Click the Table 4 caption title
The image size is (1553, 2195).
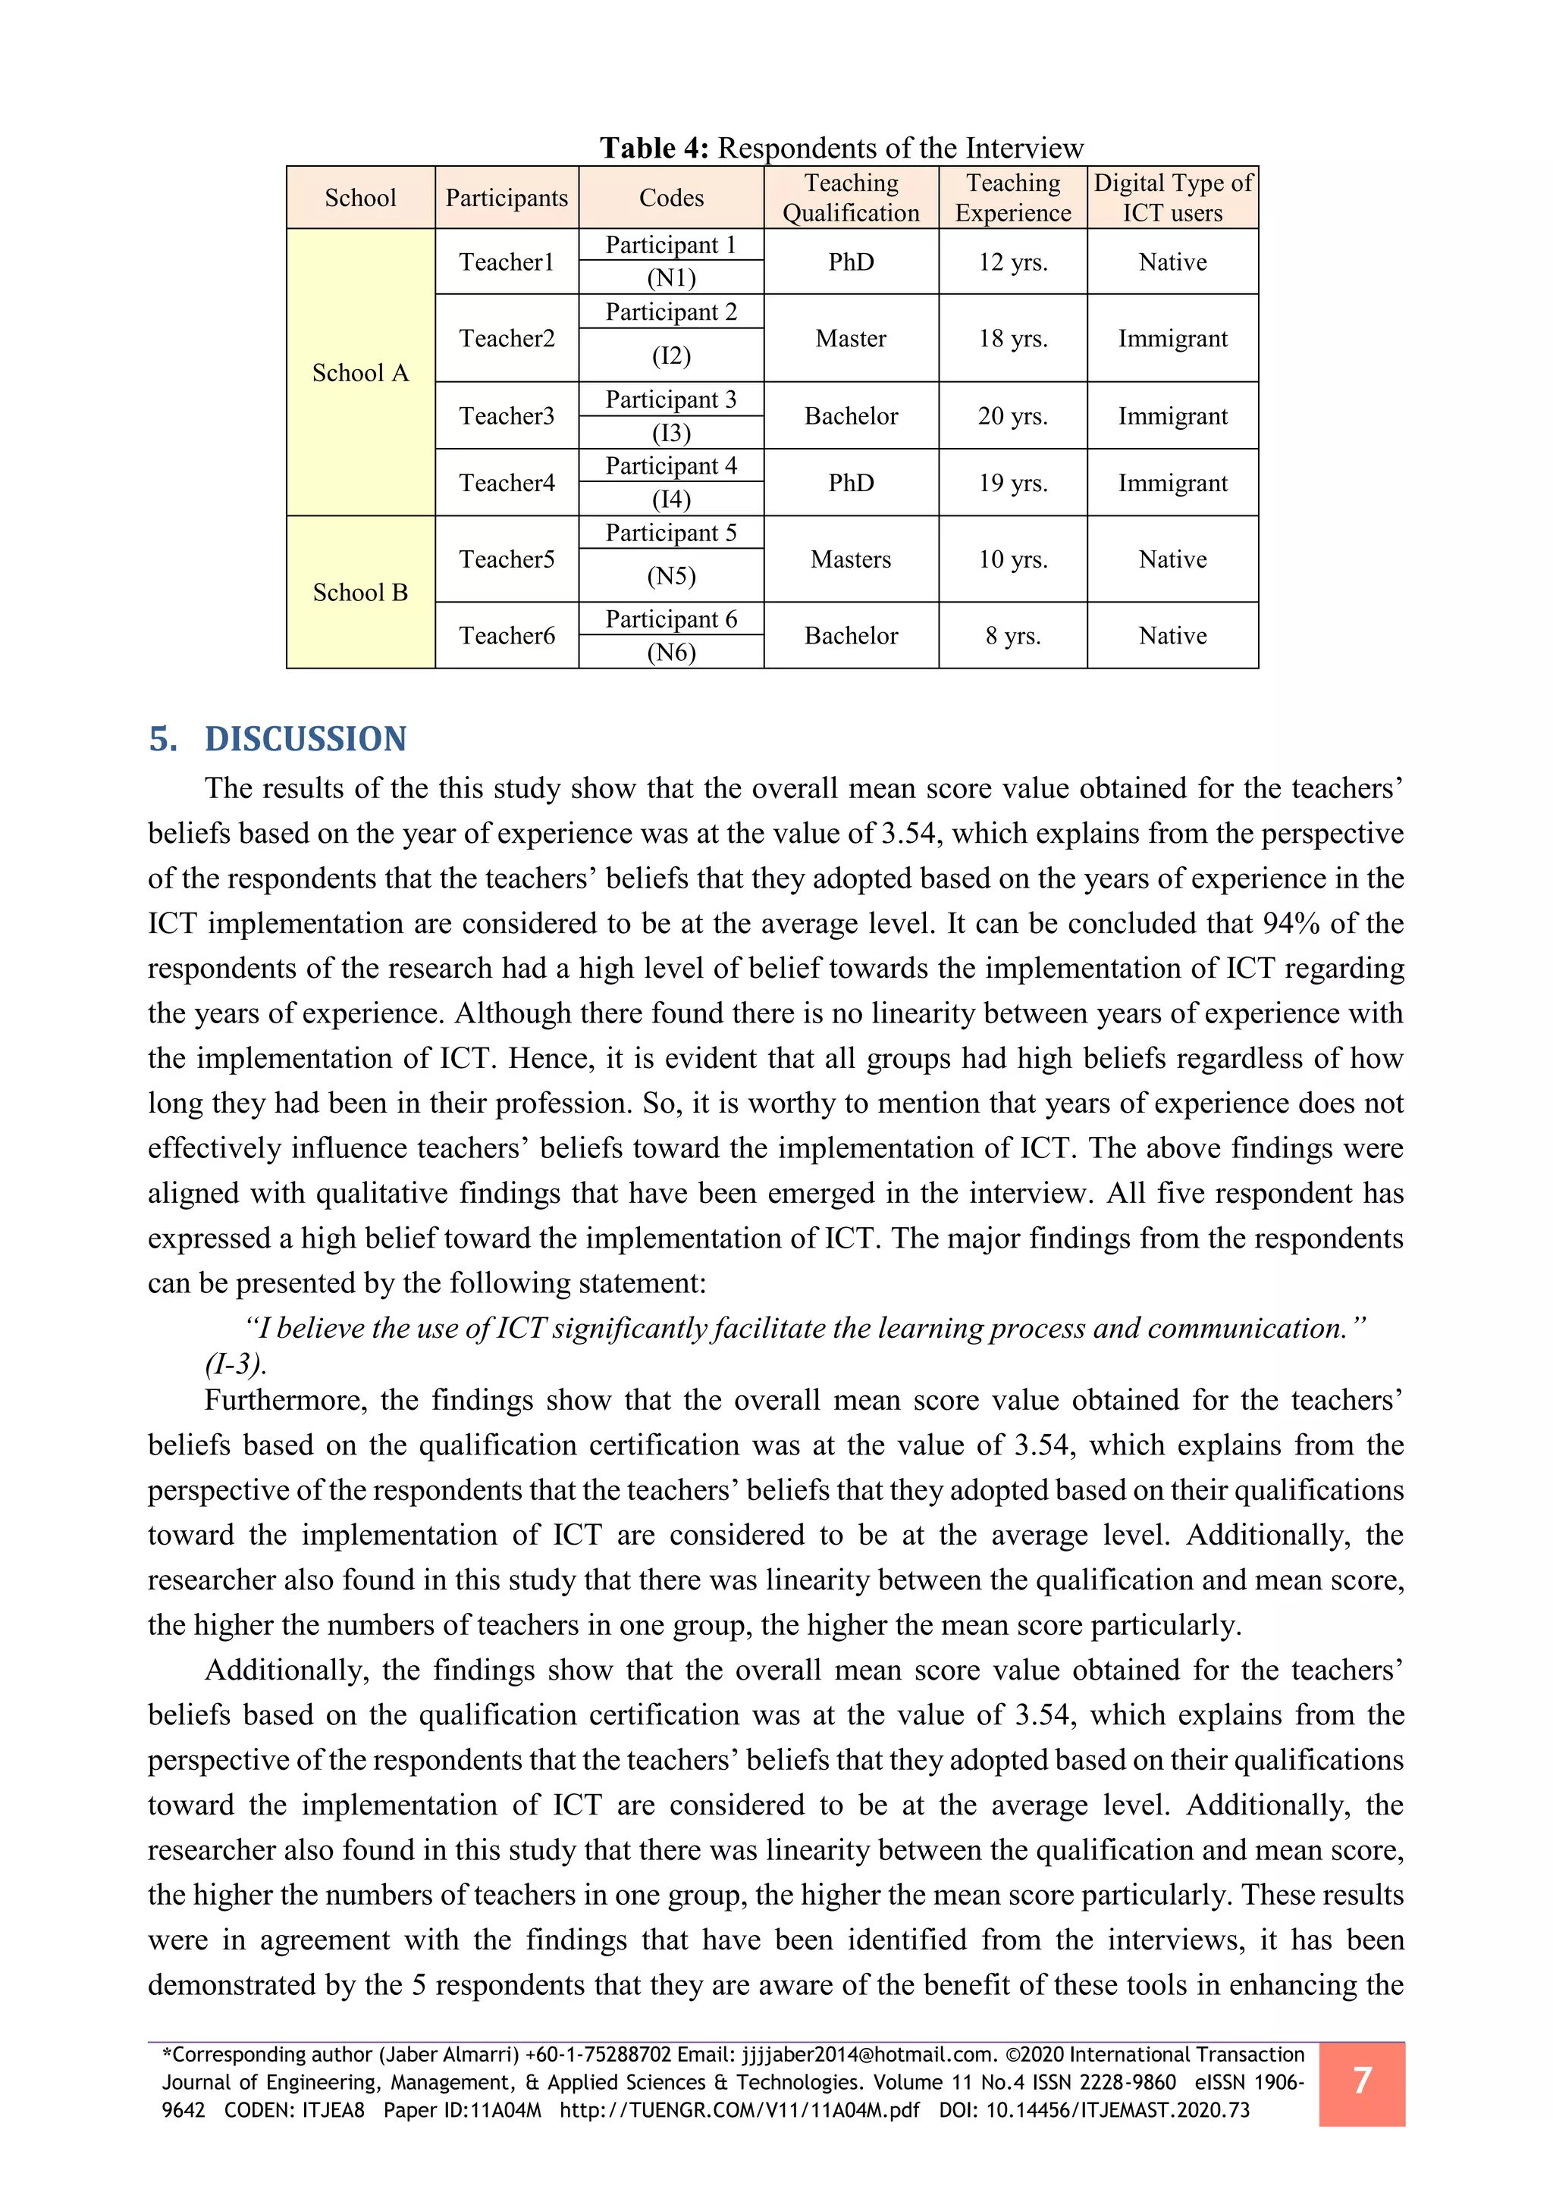coord(842,149)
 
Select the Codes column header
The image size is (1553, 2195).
coord(671,198)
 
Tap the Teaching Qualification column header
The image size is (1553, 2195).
coord(851,198)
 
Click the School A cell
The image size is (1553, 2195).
coord(360,373)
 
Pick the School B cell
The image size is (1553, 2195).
coord(360,593)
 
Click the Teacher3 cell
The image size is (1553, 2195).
coord(507,416)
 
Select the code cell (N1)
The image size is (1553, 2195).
coord(671,278)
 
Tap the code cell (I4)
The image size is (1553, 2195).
coord(671,499)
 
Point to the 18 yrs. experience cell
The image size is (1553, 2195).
coord(1012,339)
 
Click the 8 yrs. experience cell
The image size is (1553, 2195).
coord(1012,636)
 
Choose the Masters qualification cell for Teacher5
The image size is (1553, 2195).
coord(851,559)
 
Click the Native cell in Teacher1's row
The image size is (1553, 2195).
coord(1172,262)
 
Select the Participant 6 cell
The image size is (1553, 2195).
coord(671,619)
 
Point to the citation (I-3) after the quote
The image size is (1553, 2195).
coord(235,1364)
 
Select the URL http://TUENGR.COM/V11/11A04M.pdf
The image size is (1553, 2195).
coord(739,2110)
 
